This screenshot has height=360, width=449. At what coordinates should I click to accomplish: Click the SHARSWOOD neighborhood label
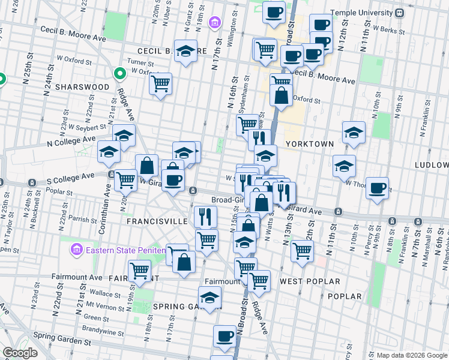(x=82, y=87)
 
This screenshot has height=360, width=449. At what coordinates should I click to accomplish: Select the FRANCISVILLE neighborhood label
(x=157, y=220)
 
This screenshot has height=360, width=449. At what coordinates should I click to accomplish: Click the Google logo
(x=20, y=353)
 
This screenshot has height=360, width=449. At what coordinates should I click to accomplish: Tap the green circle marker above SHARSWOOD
(x=119, y=74)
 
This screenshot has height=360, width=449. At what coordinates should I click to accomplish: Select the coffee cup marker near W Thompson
(x=377, y=188)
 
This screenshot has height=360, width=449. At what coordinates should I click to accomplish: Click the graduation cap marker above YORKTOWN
(x=354, y=133)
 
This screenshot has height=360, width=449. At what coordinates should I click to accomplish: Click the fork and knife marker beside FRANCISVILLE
(x=206, y=215)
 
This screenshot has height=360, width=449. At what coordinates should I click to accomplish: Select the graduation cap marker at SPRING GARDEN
(x=209, y=298)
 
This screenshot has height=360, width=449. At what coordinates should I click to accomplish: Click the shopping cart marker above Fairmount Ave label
(x=140, y=271)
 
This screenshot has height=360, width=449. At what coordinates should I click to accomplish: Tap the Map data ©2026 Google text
(x=412, y=355)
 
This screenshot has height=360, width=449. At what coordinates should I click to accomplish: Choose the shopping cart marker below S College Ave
(x=125, y=179)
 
